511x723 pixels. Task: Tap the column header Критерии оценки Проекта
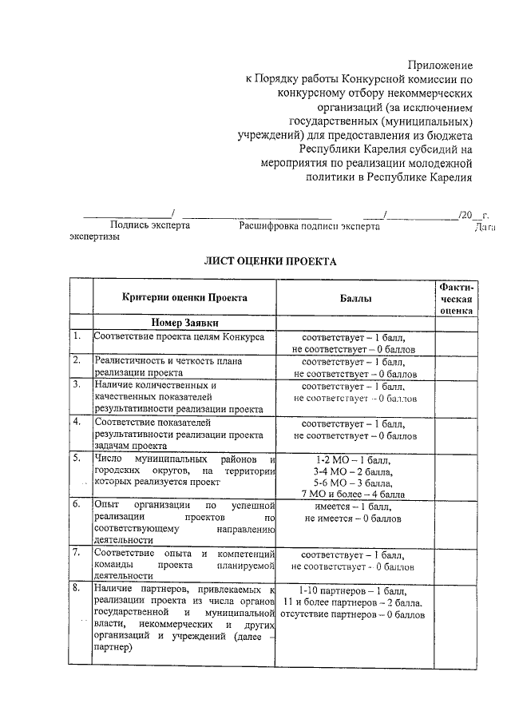(x=185, y=297)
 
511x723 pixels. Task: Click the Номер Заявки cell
(x=184, y=322)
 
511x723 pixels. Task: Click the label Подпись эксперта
(x=150, y=226)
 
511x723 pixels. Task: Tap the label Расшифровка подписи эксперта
(x=309, y=226)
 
